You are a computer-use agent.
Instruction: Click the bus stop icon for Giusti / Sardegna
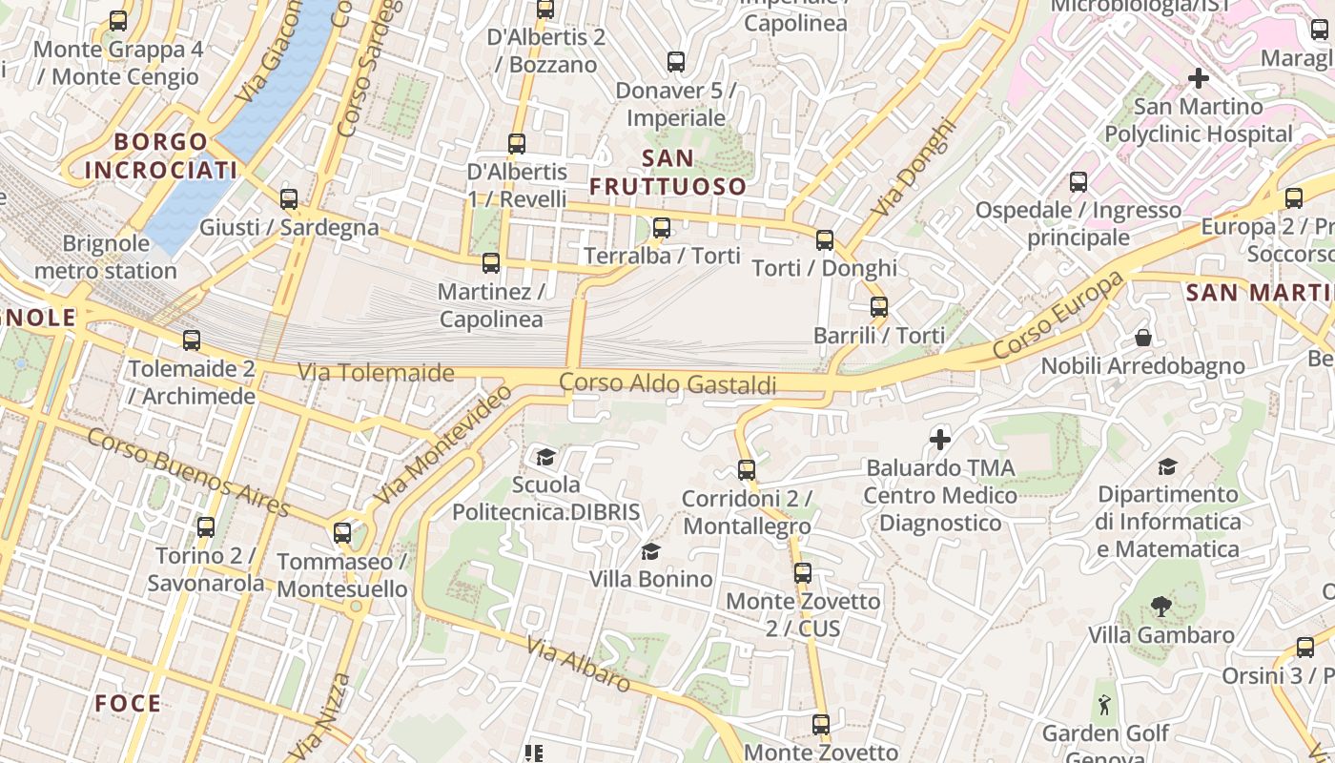click(289, 199)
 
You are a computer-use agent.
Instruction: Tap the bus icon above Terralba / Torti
click(662, 228)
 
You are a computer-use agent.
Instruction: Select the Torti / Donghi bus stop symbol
click(825, 239)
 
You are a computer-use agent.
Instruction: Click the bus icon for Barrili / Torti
click(879, 307)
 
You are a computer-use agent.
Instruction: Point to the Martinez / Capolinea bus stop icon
click(491, 262)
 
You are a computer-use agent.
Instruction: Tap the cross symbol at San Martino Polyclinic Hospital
click(1199, 78)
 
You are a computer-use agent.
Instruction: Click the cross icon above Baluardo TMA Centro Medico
click(940, 440)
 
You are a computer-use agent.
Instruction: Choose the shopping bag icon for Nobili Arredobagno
click(1143, 338)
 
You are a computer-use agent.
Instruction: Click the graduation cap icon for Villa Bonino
click(651, 551)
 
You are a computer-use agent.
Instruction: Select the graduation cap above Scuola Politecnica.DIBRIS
click(545, 457)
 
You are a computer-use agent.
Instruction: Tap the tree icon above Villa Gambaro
click(1160, 606)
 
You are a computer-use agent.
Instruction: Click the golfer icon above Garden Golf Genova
click(1105, 705)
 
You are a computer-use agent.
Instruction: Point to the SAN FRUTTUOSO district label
click(667, 172)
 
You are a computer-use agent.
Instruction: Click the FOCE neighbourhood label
click(128, 704)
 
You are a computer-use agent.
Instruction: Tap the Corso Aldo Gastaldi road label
click(667, 383)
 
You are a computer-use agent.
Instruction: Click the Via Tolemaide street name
click(376, 372)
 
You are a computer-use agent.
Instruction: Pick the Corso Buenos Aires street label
click(189, 472)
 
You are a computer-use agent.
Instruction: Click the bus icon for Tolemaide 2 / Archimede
click(192, 340)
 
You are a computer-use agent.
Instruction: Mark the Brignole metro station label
click(106, 257)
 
